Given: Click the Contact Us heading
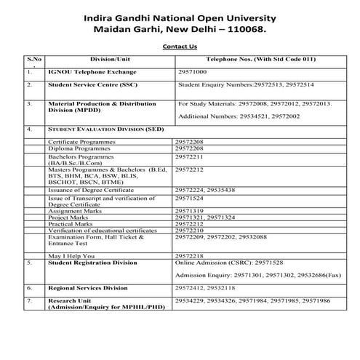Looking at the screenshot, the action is pos(180,46).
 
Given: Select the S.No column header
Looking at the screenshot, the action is pos(33,57).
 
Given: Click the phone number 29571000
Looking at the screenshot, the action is pos(193,73).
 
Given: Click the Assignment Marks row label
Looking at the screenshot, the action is pos(73,210).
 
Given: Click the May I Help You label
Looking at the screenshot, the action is pos(71,256).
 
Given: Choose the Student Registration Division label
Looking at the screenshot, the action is pos(92,263).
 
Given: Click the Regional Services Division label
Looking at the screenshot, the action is pos(88,288).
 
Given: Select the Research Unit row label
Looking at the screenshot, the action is pos(69,300).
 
